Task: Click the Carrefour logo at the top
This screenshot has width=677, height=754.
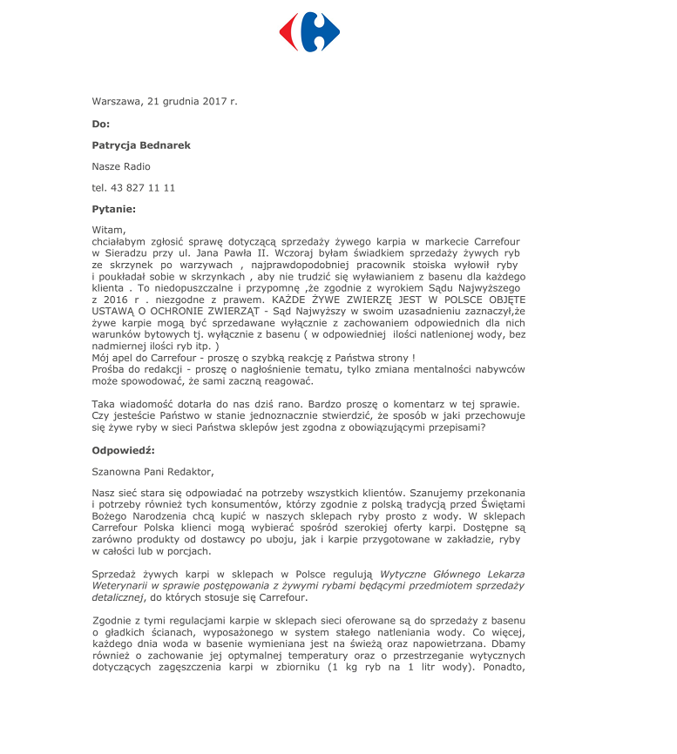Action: pos(309,32)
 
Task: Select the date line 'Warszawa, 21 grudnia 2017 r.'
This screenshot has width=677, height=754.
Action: pos(164,102)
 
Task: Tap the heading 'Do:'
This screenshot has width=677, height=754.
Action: pos(101,124)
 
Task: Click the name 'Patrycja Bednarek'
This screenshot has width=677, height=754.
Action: pos(141,145)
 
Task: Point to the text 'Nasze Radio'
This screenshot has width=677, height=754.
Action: pos(121,166)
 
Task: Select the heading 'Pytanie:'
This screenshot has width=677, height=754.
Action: pos(114,209)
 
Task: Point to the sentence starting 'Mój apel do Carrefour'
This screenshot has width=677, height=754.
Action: pos(253,357)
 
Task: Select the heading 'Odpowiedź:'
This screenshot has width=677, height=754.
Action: pos(123,450)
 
